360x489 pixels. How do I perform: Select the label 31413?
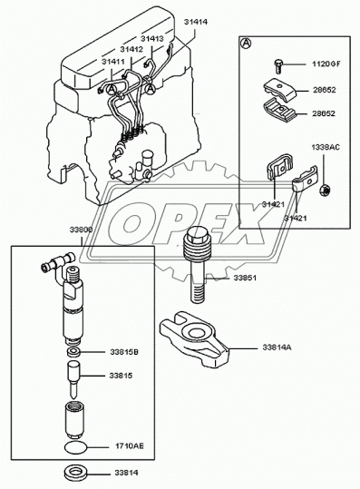(x=151, y=40)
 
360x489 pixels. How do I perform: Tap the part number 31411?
(x=113, y=61)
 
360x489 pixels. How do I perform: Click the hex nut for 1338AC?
(x=325, y=189)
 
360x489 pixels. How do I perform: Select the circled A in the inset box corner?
(x=246, y=43)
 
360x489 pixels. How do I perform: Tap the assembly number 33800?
(x=81, y=231)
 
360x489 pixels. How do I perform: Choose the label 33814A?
(x=279, y=347)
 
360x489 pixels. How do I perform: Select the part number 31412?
(x=131, y=51)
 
